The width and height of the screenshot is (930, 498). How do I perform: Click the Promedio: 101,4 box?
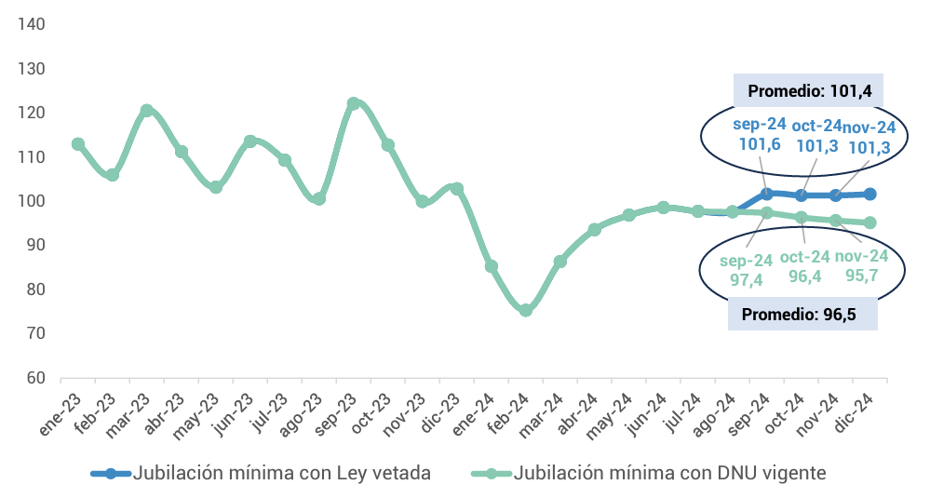point(808,91)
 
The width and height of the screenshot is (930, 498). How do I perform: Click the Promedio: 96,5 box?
point(803,314)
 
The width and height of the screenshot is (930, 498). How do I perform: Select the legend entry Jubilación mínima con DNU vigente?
point(668,473)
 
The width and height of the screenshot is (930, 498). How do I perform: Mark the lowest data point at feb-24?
point(526,310)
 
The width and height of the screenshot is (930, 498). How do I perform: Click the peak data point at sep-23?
point(354,104)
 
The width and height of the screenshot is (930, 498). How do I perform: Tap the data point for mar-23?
point(147,111)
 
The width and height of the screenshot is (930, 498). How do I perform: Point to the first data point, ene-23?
point(78,144)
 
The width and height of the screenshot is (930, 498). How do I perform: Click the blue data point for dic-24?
point(870,194)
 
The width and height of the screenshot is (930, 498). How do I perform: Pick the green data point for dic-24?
point(870,222)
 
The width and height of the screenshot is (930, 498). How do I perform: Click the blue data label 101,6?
point(760,145)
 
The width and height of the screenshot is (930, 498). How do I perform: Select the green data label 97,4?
point(747,279)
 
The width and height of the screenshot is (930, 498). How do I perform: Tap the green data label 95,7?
point(862,276)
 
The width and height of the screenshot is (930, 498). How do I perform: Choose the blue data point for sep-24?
point(767,194)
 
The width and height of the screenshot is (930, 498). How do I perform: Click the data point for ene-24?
point(492,266)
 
